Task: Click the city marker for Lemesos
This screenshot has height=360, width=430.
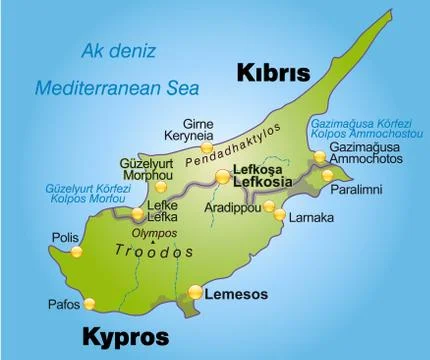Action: (x=195, y=292)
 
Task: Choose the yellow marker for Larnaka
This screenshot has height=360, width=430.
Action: (x=280, y=215)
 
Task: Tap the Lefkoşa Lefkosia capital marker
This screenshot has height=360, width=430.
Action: (x=221, y=177)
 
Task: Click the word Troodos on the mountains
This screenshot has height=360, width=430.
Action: (x=153, y=251)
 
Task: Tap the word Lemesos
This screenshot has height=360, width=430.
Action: (x=236, y=296)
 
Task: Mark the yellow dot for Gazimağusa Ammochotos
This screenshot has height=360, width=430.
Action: (x=319, y=157)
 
